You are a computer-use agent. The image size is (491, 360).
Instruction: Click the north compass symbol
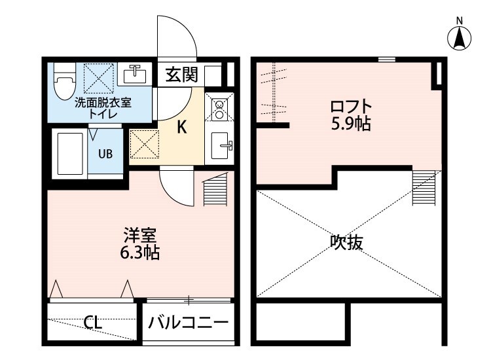(460, 37)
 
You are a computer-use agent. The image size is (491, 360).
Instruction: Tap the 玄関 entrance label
(181, 75)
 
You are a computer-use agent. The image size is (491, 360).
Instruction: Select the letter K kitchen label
(182, 128)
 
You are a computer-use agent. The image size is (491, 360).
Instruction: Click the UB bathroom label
(105, 154)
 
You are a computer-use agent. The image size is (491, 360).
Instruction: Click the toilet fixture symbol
(64, 82)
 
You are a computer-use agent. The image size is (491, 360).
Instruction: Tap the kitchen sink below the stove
(221, 145)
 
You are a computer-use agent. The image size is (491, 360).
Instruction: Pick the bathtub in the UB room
(68, 154)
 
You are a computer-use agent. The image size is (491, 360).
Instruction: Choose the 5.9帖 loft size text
(351, 123)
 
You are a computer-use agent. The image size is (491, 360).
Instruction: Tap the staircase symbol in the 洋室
(215, 190)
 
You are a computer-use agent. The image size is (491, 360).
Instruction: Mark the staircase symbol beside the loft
(424, 187)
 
